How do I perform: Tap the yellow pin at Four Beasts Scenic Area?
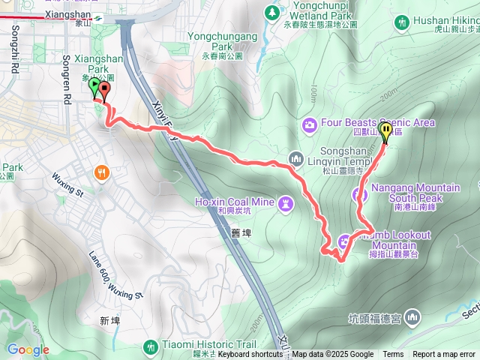pos(386,133)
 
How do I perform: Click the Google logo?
pos(28,349)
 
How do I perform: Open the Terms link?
pos(393,355)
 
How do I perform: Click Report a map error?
pos(443,355)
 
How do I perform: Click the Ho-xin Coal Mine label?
pos(234,202)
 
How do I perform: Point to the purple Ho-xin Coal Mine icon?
pos(286,202)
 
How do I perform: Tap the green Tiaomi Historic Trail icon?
pos(150,345)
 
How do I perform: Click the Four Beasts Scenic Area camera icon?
pos(310,123)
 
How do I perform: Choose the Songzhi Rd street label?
pos(14,46)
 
